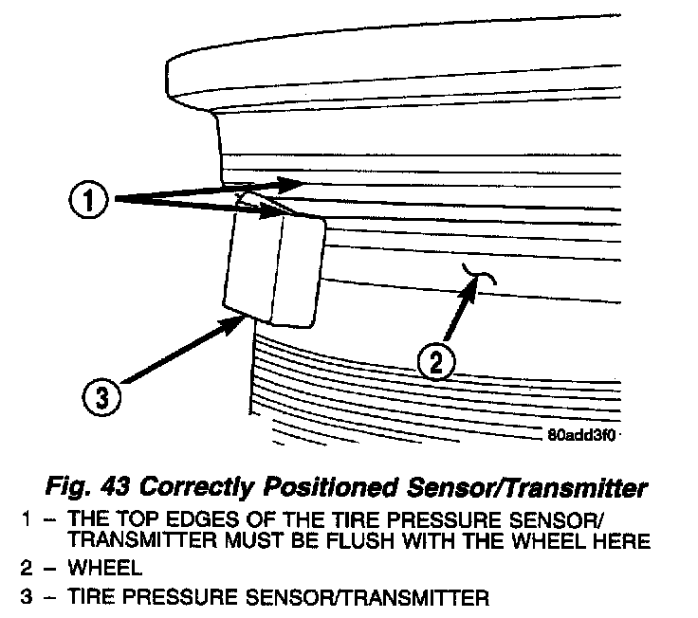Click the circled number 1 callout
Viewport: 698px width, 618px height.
point(88,200)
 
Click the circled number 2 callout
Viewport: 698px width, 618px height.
point(435,361)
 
